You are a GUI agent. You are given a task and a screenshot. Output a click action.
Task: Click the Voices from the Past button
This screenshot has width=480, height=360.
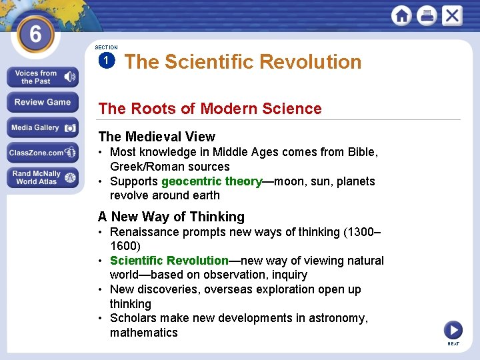[x=42, y=77]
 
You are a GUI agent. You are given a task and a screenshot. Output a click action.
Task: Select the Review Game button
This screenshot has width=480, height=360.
[x=42, y=103]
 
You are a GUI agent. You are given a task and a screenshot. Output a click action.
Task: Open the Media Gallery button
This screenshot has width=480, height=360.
[x=42, y=128]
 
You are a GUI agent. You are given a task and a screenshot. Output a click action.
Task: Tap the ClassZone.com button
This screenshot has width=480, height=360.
[x=42, y=153]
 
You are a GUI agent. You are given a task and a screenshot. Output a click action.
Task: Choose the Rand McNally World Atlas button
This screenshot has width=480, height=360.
[x=42, y=177]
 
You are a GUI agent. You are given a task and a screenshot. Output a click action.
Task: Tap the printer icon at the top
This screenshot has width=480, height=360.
[x=427, y=15]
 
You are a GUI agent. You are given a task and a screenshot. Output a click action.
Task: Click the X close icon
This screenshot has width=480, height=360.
[x=451, y=15]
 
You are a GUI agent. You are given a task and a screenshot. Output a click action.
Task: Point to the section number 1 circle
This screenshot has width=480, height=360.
[x=106, y=61]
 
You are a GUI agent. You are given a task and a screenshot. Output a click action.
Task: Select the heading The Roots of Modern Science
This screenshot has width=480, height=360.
[x=210, y=109]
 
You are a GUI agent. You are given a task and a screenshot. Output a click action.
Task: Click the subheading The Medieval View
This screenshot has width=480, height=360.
[x=157, y=137]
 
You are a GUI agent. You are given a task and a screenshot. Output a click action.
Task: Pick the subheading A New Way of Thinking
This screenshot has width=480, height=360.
[x=171, y=217]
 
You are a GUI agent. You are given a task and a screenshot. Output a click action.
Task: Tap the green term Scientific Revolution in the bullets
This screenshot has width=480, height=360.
[x=169, y=261]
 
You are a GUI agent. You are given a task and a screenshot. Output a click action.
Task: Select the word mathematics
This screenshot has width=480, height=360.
[x=144, y=333]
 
